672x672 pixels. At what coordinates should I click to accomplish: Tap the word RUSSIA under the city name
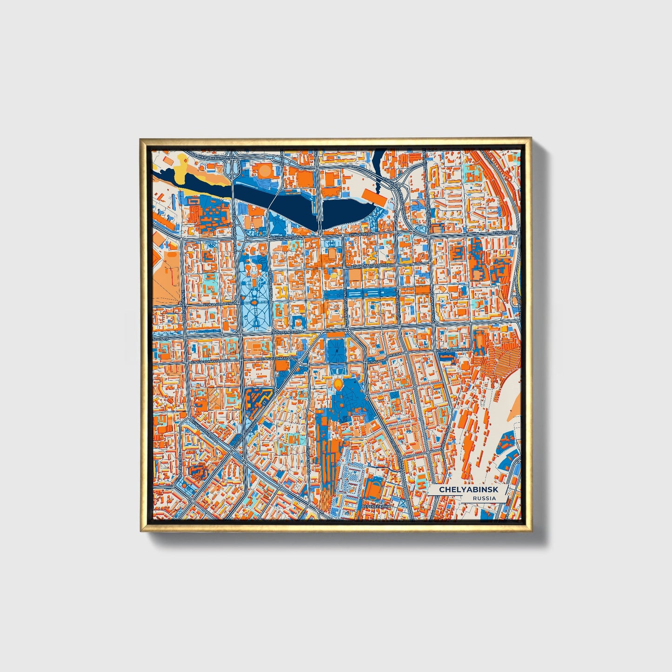[484, 499]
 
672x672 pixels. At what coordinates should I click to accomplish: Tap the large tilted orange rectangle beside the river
[374, 196]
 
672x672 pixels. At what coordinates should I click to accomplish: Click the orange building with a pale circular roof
[264, 171]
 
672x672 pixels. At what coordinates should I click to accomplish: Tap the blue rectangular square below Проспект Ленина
[335, 350]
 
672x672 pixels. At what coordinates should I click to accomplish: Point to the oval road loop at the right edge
[515, 302]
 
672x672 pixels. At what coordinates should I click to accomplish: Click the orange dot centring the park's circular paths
[255, 304]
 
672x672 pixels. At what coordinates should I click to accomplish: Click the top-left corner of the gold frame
[140, 139]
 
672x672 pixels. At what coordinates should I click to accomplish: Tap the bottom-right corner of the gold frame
[531, 531]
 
